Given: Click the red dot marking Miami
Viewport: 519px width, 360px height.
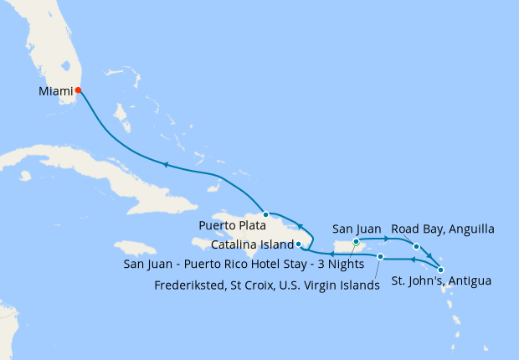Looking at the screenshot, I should [78, 90].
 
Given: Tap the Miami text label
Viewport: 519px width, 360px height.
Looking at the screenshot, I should [55, 90].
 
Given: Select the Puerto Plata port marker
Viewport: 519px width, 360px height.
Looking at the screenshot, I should [266, 214].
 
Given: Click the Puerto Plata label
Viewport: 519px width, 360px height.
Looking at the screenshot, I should [232, 225].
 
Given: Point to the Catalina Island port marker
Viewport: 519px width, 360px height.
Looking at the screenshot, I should [299, 244].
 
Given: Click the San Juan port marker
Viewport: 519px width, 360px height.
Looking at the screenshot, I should [357, 242].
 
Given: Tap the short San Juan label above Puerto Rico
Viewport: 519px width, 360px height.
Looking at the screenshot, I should [357, 228].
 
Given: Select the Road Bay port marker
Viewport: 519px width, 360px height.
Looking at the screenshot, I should [416, 246].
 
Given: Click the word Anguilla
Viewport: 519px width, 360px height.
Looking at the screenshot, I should [470, 228].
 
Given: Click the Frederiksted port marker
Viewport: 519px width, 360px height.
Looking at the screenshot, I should [380, 256].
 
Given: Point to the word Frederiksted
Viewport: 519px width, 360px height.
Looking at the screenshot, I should [191, 284].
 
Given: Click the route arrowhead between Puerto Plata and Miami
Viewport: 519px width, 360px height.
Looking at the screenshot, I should [166, 165].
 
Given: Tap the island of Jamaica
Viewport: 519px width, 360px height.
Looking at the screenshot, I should [135, 249].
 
